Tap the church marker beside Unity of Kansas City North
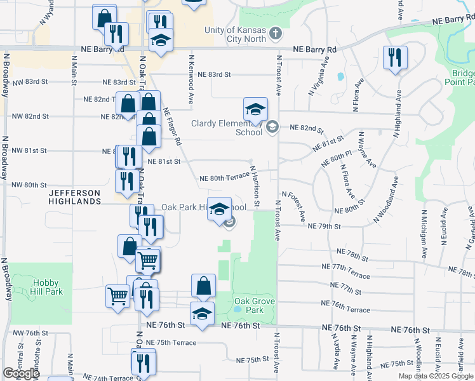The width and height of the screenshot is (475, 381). pyautogui.click(x=276, y=32)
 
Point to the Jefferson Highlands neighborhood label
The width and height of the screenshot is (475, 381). pyautogui.click(x=74, y=196)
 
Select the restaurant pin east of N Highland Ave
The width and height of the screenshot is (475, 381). pyautogui.click(x=395, y=58)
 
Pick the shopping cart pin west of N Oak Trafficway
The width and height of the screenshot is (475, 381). pyautogui.click(x=118, y=295)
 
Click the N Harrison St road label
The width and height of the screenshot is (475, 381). pyautogui.click(x=255, y=186)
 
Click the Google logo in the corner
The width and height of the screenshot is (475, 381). pyautogui.click(x=21, y=373)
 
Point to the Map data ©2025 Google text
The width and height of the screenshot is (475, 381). pyautogui.click(x=435, y=376)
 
